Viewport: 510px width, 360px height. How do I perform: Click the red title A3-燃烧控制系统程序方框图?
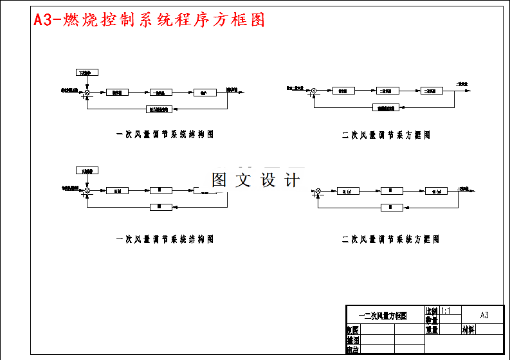(x=149, y=20)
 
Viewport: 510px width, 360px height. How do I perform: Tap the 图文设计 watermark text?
(x=255, y=181)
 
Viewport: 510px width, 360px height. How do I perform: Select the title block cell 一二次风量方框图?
(x=385, y=315)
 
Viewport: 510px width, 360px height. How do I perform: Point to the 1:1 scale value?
(x=446, y=310)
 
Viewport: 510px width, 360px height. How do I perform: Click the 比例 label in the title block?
(x=432, y=310)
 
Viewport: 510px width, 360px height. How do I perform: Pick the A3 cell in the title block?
(x=484, y=315)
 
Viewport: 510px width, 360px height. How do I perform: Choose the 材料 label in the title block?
(x=468, y=330)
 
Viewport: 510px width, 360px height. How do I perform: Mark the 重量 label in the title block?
(x=432, y=330)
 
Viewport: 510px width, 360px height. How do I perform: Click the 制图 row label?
(x=352, y=330)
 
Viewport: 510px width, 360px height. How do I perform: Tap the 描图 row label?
(x=352, y=339)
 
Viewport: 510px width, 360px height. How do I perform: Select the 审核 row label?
(x=352, y=350)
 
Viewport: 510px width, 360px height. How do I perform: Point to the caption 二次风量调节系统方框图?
(x=390, y=239)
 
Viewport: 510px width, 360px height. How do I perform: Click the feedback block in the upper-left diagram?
(x=159, y=109)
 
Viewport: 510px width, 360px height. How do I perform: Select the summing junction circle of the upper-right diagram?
(x=314, y=91)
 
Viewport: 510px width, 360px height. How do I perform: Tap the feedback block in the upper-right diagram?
(x=386, y=107)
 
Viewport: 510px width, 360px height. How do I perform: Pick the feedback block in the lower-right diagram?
(x=392, y=207)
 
